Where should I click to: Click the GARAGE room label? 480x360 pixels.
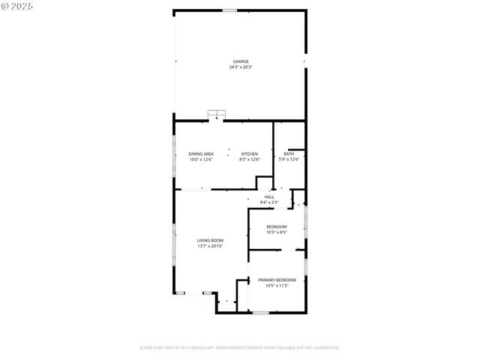(240, 61)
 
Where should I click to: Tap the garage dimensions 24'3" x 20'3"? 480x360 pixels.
(240, 67)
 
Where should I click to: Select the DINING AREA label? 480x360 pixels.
(201, 154)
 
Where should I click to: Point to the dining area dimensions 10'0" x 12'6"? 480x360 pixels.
(201, 159)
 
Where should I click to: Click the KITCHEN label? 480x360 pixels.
(249, 154)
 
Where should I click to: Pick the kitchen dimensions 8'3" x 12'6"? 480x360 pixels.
(249, 159)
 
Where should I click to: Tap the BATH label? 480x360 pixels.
(289, 154)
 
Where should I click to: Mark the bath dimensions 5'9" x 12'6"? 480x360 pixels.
(289, 159)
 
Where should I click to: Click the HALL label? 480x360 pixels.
(268, 196)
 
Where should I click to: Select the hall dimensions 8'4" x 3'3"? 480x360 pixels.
(268, 202)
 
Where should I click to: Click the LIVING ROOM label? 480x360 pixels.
(210, 240)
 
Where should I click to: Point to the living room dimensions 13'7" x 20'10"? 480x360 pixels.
(210, 246)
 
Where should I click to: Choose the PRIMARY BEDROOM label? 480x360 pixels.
(276, 280)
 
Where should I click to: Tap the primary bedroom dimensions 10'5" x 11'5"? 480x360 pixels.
(276, 286)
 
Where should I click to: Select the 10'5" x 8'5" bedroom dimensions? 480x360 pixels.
(276, 232)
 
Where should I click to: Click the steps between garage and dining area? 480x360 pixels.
(217, 115)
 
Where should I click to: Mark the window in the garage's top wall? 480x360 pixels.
(229, 10)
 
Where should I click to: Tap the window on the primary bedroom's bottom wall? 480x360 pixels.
(260, 312)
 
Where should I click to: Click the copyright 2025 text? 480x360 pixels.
(18, 6)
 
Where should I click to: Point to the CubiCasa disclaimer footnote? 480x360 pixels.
(239, 347)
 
